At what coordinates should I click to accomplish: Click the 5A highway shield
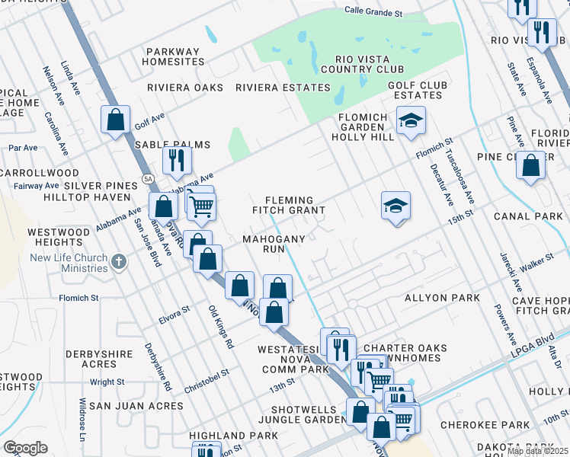pyautogui.click(x=146, y=180)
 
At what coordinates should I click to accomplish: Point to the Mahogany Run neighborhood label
pyautogui.click(x=274, y=244)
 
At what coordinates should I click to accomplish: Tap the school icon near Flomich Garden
pyautogui.click(x=411, y=120)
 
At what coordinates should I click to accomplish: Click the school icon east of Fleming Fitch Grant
pyautogui.click(x=395, y=205)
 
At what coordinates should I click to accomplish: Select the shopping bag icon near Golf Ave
pyautogui.click(x=116, y=120)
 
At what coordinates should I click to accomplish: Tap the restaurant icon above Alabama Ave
pyautogui.click(x=176, y=160)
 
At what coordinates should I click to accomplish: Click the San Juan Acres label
pyautogui.click(x=136, y=406)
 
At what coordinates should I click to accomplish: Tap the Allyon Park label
pyautogui.click(x=442, y=297)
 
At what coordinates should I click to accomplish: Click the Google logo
pyautogui.click(x=25, y=448)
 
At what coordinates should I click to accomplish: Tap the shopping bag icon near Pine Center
pyautogui.click(x=531, y=165)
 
